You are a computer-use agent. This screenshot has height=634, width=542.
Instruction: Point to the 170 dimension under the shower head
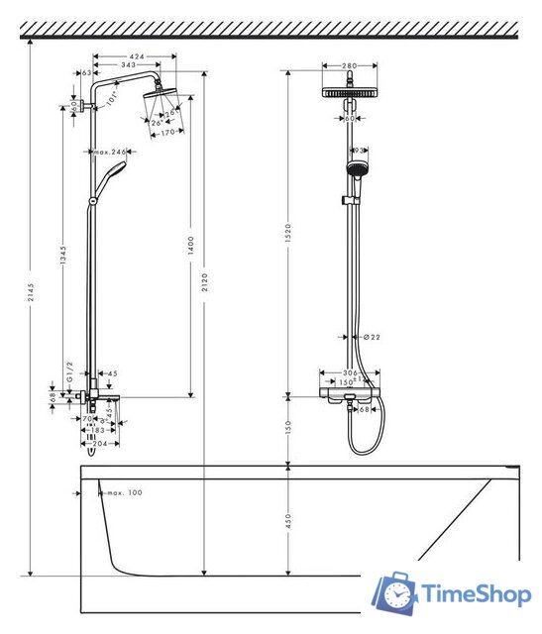(167, 131)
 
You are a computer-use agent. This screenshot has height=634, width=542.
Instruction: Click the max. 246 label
(112, 152)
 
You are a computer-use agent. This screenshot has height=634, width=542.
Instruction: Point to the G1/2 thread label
(69, 377)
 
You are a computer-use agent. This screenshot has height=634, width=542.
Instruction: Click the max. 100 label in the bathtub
(124, 492)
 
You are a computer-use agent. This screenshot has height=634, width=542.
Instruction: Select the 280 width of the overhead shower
(349, 66)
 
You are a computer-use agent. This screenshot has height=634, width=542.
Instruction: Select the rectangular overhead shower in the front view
(349, 91)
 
